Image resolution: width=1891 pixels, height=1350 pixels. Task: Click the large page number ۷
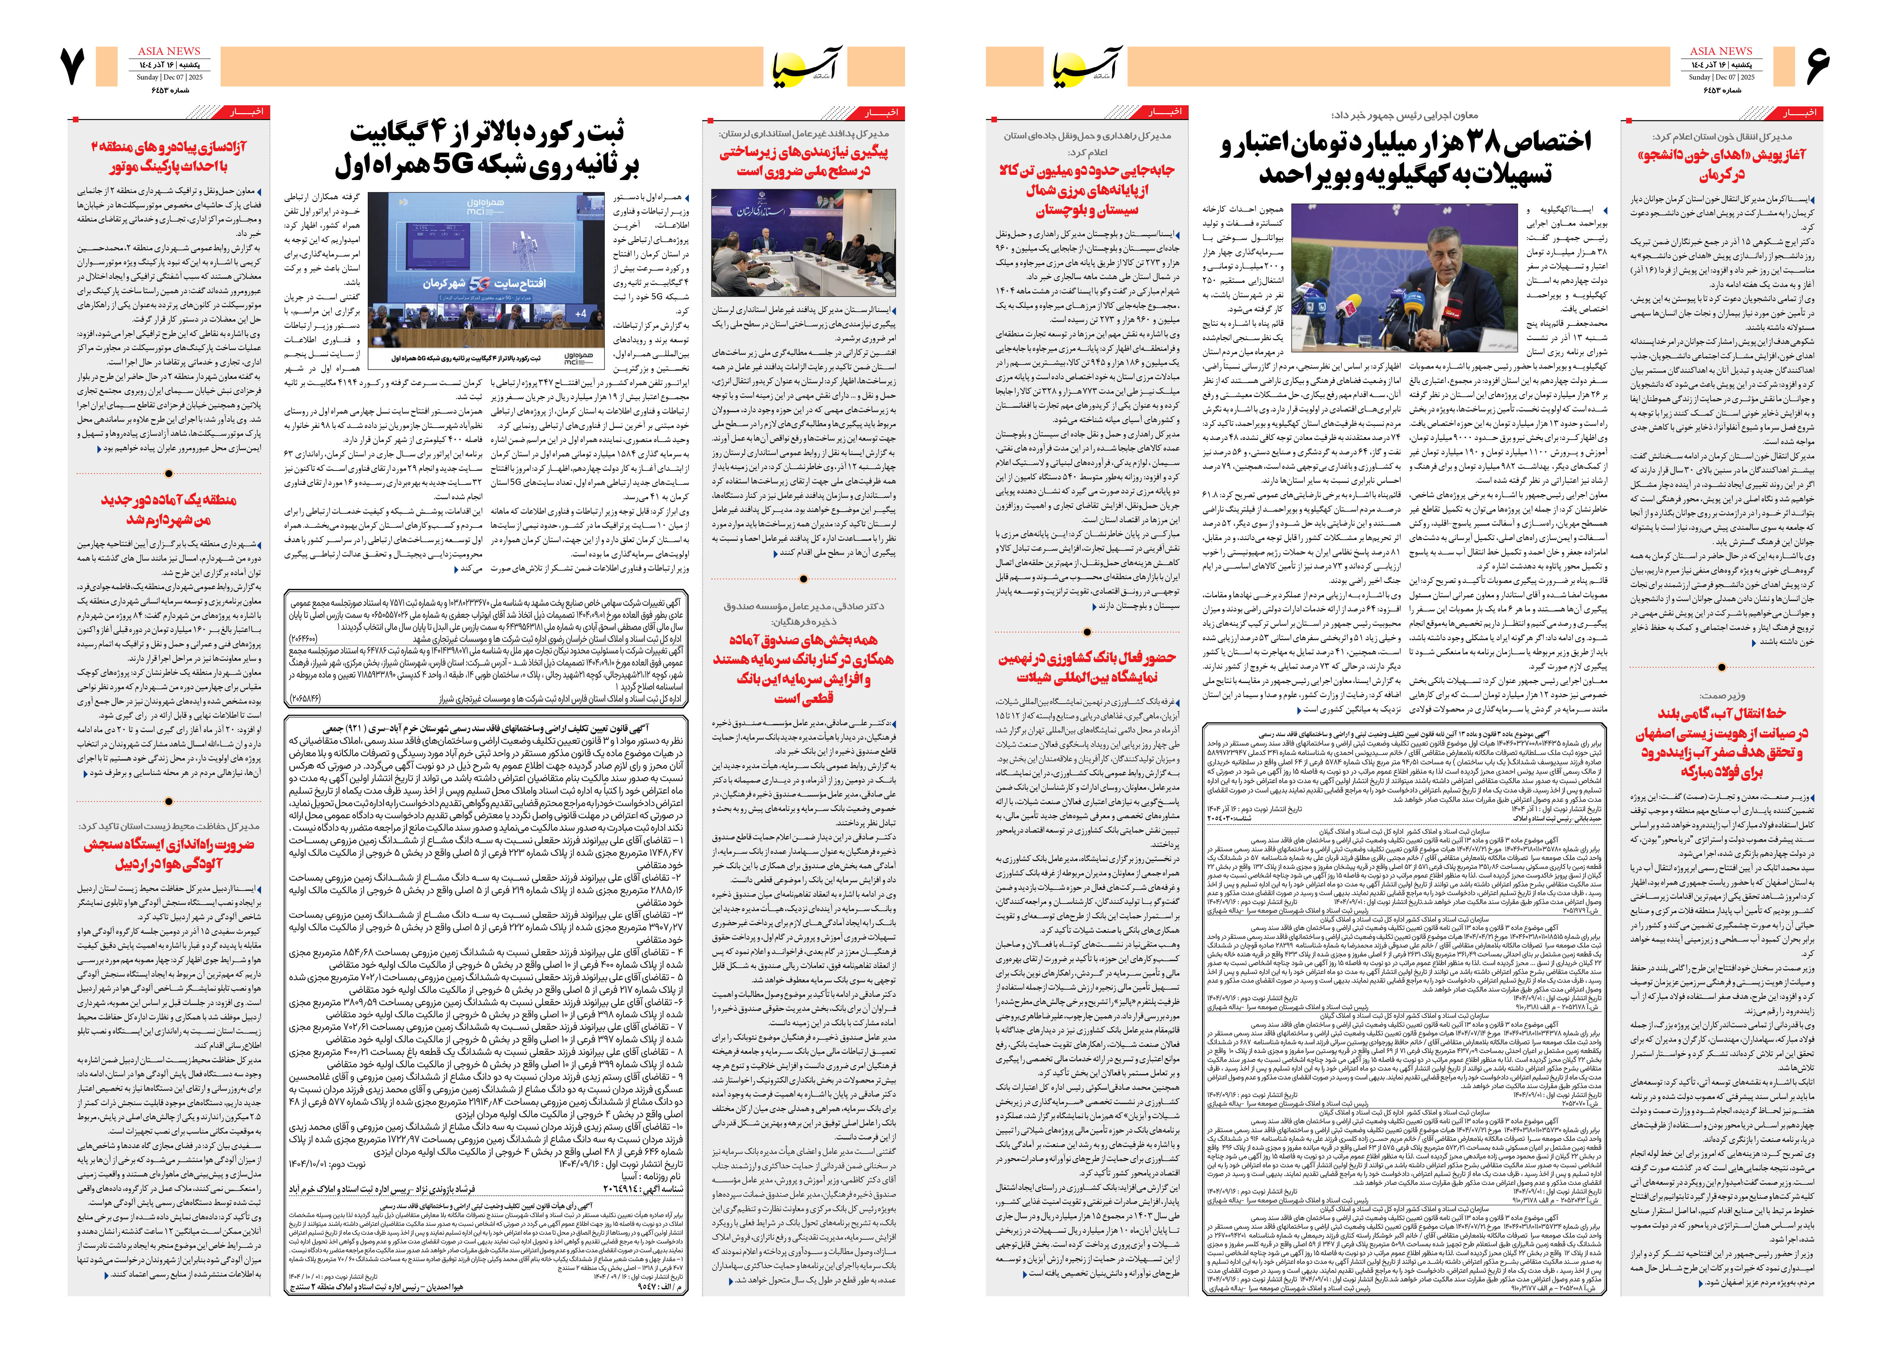[73, 67]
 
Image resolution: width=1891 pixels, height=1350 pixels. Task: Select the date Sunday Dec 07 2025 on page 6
[1720, 77]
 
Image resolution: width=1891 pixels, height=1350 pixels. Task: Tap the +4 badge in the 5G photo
[580, 313]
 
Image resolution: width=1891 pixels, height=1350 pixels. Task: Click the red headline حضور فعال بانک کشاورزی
[1086, 667]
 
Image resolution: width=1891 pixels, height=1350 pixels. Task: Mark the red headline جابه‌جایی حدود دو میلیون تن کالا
[1086, 190]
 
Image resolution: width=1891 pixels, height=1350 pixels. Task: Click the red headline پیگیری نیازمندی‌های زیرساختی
[803, 161]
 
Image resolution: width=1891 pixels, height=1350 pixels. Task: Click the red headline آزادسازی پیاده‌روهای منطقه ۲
[169, 156]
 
